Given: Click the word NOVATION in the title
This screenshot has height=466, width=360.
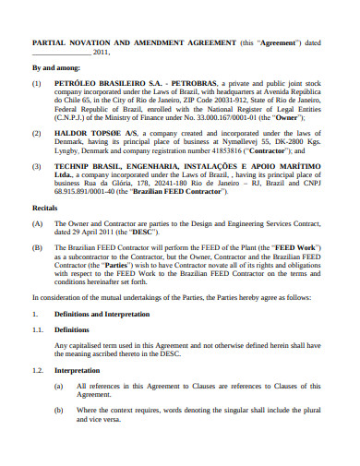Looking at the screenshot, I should pos(94,42).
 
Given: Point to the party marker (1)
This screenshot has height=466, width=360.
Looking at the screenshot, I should pos(38,83).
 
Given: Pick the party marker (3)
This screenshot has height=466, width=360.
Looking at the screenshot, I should pos(38,166).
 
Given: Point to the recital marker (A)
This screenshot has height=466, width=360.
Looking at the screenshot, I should pos(38,223).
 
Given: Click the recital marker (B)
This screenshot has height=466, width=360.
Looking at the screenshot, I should pos(38,248).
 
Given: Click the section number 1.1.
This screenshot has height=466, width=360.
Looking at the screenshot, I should pos(38,328).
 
